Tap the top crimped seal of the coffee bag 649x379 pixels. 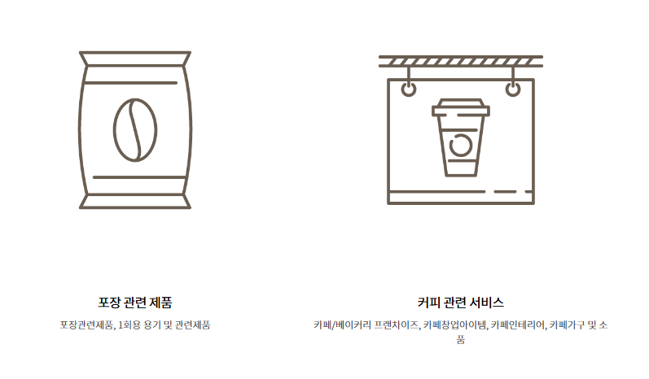click(x=135, y=59)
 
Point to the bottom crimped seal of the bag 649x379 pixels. click(x=135, y=201)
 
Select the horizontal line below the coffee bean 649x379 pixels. click(x=135, y=176)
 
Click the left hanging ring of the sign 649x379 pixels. click(x=409, y=88)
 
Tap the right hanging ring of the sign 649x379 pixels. click(x=513, y=88)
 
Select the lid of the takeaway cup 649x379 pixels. click(x=461, y=107)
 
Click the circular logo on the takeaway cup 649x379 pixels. click(x=461, y=146)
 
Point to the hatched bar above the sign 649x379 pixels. click(x=461, y=61)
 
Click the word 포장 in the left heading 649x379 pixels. click(x=109, y=303)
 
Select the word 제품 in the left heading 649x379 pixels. click(x=160, y=303)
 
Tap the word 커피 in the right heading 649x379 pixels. click(x=429, y=303)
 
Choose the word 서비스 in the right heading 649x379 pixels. click(x=487, y=303)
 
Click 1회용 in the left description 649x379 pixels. click(x=131, y=325)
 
